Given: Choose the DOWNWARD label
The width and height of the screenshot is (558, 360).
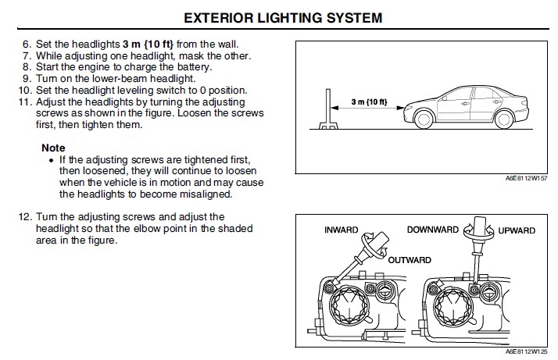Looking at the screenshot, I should pos(435,230).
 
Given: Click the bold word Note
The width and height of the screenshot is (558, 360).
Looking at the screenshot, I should pos(53,148).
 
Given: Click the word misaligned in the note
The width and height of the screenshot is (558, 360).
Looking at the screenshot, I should pos(209,194).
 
